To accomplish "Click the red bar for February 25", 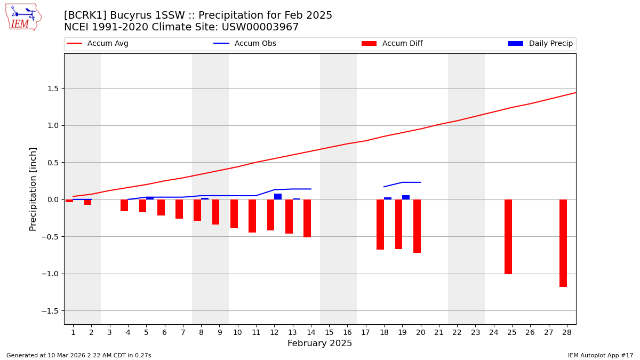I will point(508,236).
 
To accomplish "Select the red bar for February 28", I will point(563,243).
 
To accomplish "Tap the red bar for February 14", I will point(307,218).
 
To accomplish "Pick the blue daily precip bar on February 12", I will point(278,196).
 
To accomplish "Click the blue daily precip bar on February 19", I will point(406,197).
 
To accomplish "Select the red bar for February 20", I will point(417,226).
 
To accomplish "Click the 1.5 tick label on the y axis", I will point(52,89).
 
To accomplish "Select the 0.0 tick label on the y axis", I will point(52,200).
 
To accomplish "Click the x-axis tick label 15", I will point(329,333).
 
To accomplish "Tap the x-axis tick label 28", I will point(567,333).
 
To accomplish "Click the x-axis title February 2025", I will point(320,343).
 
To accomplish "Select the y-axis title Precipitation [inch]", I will point(33,189).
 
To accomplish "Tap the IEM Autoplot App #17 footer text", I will point(601,355).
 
